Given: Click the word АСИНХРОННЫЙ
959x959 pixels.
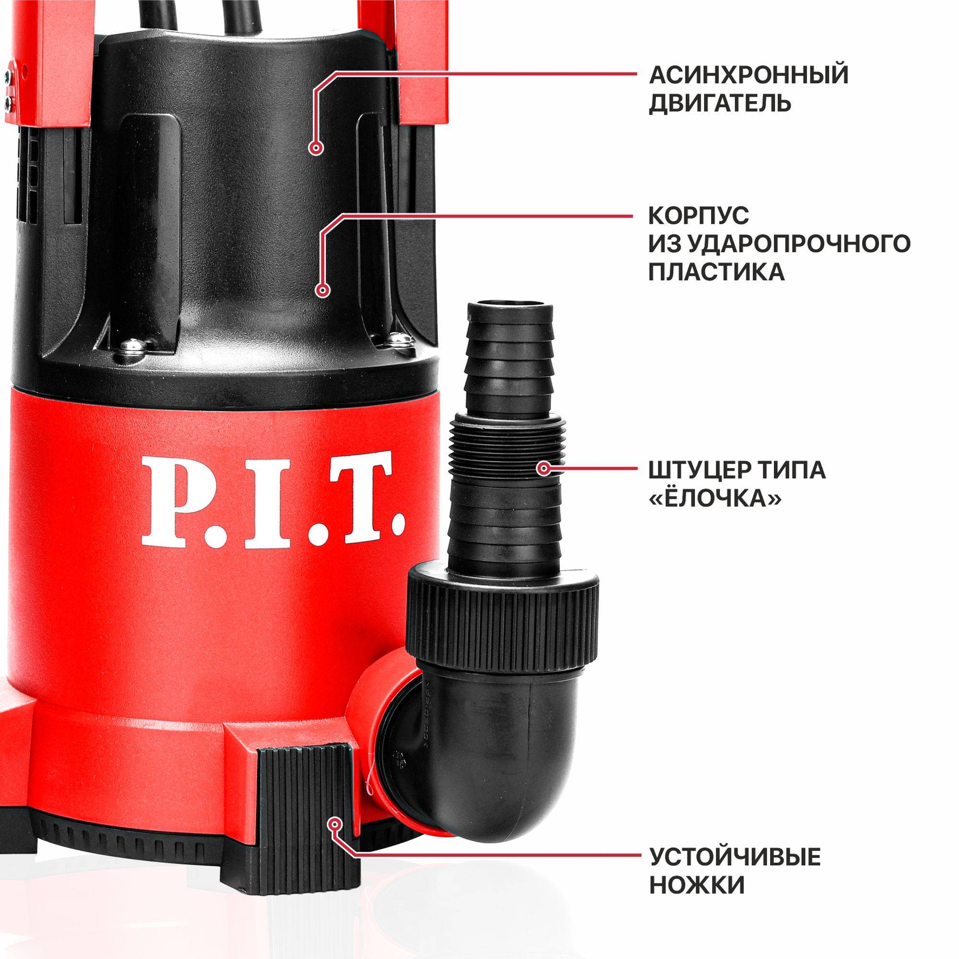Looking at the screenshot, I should click(748, 75).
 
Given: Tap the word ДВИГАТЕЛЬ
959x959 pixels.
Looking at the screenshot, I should click(720, 104).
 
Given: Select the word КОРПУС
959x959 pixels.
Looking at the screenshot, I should click(699, 216).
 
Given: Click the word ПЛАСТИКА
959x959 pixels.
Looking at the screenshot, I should click(717, 272).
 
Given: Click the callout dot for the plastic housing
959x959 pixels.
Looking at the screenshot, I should click(323, 291).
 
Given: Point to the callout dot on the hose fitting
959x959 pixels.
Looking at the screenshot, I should click(544, 468).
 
